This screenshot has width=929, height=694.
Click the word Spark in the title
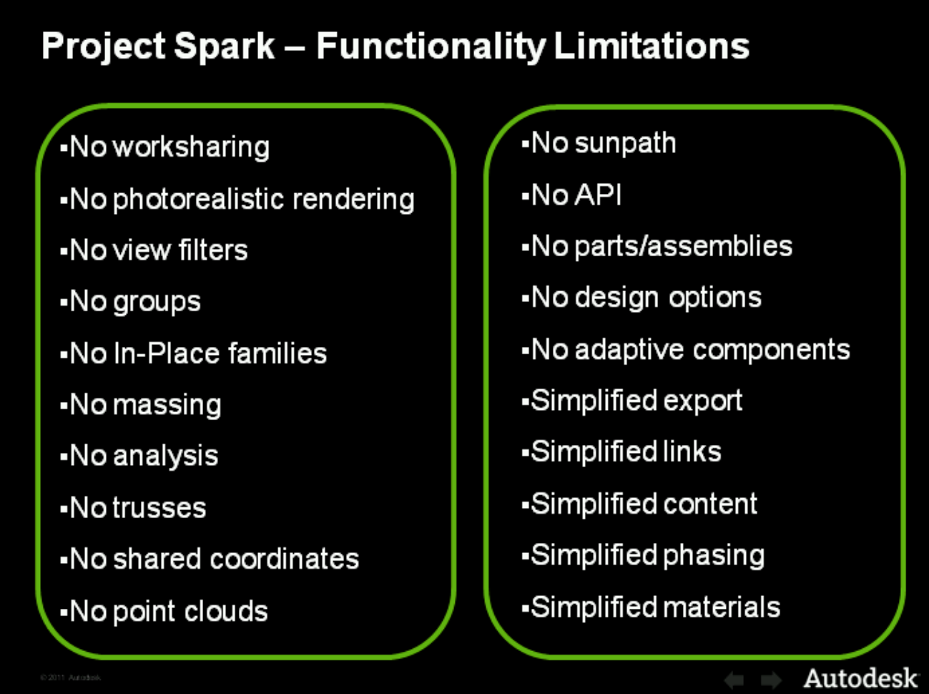tap(225, 46)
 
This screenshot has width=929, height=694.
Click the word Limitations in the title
tap(652, 46)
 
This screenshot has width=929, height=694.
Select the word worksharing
tap(191, 147)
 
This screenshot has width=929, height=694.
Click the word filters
tap(213, 250)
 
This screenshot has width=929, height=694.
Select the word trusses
tap(159, 508)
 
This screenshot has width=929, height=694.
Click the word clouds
tap(226, 611)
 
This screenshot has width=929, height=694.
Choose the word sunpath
tap(625, 143)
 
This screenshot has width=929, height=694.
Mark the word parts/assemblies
tap(683, 246)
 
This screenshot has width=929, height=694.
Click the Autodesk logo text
tap(860, 677)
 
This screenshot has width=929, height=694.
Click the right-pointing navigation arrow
tap(771, 679)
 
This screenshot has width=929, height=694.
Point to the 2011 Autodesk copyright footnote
tap(71, 677)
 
